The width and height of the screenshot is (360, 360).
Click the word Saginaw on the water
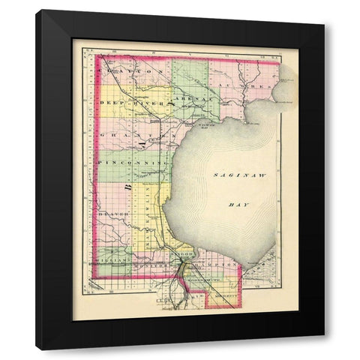232,175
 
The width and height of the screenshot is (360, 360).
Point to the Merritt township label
224,298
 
